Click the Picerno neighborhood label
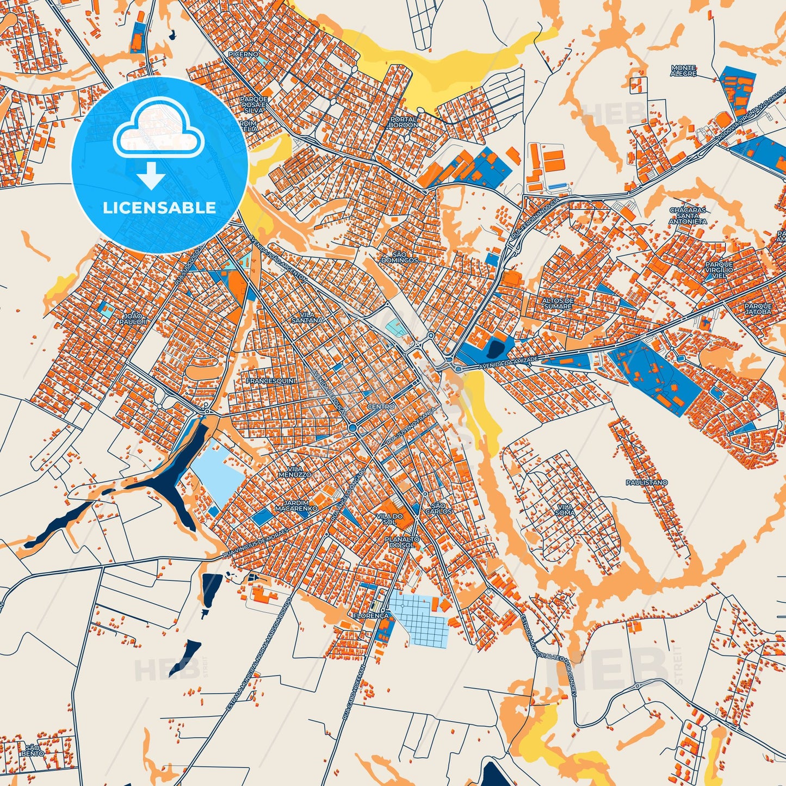click(243, 54)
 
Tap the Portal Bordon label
click(403, 122)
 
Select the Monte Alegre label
click(684, 71)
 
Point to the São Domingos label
click(400, 257)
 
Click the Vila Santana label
click(307, 318)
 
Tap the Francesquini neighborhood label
click(270, 381)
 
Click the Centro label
click(381, 407)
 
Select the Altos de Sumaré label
click(558, 304)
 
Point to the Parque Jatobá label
click(758, 309)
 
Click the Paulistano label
click(646, 482)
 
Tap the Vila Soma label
click(565, 510)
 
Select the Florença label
click(371, 616)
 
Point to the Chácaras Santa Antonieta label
click(688, 215)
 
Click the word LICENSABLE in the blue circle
click(160, 208)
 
